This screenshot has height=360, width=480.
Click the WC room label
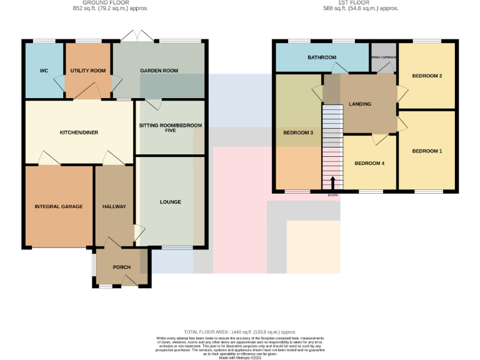point(44,71)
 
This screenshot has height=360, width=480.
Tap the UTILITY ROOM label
point(88,71)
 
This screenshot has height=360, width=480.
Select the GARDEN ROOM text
point(159,71)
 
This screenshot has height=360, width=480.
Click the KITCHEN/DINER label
point(79,132)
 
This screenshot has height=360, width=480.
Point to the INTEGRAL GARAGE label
point(59,206)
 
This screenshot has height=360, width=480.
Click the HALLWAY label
point(114,206)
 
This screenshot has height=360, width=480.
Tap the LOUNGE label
point(170,202)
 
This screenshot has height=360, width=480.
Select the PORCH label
point(121,267)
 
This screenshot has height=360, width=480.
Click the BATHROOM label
point(321,58)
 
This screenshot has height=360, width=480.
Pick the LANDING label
point(360,104)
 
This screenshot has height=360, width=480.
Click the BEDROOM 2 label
point(427,76)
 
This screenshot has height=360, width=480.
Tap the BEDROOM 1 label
point(427,151)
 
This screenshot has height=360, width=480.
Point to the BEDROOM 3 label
point(298,133)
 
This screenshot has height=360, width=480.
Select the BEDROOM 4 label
point(369,164)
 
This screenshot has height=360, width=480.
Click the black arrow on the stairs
point(332,182)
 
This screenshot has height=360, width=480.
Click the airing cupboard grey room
point(383,57)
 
